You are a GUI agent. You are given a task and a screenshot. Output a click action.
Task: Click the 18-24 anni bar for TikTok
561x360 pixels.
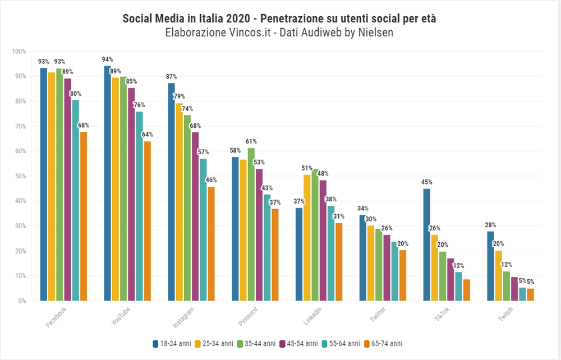pos(427,245)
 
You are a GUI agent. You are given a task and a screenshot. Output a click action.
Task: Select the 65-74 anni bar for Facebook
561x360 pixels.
pos(84,216)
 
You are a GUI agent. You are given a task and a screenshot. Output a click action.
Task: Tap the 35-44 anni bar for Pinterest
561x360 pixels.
pos(251,224)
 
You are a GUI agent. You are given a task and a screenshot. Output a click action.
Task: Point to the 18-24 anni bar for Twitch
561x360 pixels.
pos(491,266)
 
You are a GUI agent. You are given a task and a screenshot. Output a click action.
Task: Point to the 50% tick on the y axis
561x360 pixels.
pos(19,176)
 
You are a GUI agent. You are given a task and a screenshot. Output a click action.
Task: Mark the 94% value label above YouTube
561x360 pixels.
pos(108,59)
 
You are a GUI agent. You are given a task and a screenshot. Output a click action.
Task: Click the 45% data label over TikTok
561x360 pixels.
pos(427,182)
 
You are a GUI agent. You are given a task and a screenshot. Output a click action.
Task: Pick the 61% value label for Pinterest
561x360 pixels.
pos(251,141)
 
